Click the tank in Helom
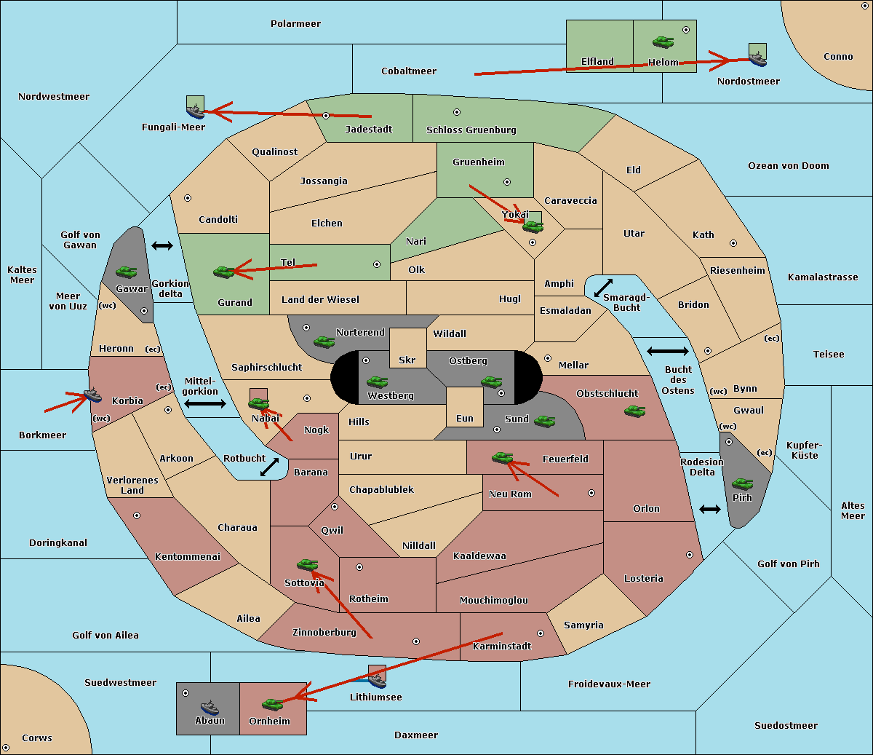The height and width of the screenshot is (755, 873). tap(663, 41)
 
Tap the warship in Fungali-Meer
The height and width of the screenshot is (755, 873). tap(195, 111)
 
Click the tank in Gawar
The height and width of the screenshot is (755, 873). tap(127, 272)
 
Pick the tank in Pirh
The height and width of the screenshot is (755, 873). tap(742, 483)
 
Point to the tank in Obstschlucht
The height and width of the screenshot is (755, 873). tap(635, 411)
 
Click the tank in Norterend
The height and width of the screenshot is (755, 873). tap(324, 341)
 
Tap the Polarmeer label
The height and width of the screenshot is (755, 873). tap(295, 24)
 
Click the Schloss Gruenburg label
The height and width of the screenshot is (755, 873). tap(471, 130)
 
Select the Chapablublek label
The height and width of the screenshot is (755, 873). tap(381, 489)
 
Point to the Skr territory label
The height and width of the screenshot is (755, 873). tap(407, 360)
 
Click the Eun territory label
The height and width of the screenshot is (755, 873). tap(465, 418)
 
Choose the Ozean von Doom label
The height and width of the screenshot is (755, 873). tap(789, 166)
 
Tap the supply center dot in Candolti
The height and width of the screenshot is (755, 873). tap(188, 198)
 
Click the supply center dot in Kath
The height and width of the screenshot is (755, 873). tap(733, 243)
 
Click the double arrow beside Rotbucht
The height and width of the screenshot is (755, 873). tap(270, 467)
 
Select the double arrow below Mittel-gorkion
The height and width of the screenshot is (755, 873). tap(205, 403)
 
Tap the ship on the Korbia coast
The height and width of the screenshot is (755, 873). tap(92, 395)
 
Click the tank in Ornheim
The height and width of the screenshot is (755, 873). tap(272, 704)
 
